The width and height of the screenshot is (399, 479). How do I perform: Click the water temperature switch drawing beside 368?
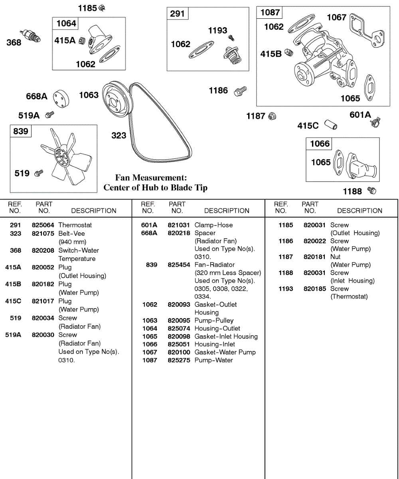[30, 36]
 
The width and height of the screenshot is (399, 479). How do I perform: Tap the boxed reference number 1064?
[66, 24]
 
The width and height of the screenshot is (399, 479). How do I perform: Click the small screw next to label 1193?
[231, 38]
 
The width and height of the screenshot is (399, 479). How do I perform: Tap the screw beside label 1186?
[241, 91]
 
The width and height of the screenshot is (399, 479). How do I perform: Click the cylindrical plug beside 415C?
[330, 124]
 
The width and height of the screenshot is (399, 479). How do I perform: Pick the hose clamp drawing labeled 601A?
[375, 122]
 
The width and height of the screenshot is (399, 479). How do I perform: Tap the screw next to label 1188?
[371, 191]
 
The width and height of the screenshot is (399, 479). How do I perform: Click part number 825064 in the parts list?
[43, 225]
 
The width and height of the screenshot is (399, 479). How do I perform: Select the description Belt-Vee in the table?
[72, 234]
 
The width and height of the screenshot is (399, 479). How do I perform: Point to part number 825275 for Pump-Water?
[179, 360]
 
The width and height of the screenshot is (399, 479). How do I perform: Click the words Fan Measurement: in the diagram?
[151, 178]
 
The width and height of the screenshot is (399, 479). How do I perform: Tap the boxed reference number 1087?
[270, 12]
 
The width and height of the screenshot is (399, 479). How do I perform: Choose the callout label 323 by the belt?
[119, 136]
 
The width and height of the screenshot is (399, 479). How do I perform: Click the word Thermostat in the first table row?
[75, 225]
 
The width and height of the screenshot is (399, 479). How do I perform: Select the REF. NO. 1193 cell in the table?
[286, 289]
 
